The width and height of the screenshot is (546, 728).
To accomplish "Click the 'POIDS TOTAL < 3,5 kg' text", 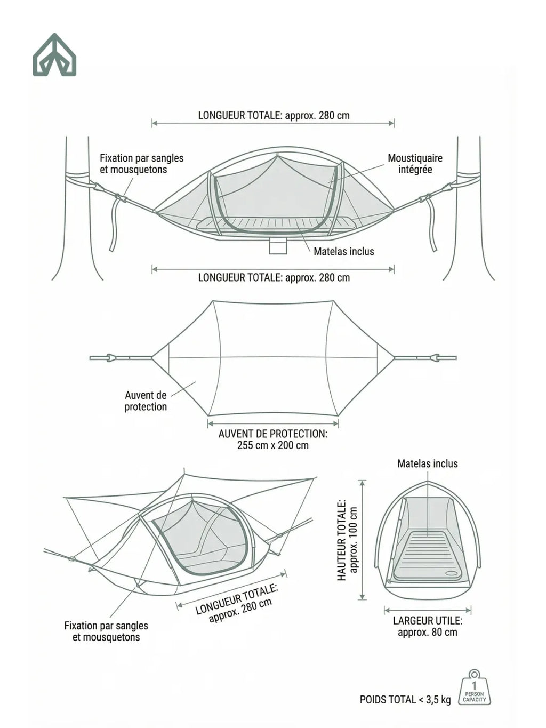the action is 405,700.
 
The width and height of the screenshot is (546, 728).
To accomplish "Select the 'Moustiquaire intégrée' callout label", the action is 415,164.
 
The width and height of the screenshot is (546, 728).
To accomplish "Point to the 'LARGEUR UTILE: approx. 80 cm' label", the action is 428,626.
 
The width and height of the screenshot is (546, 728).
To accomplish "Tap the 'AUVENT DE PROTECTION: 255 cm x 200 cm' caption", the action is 273,439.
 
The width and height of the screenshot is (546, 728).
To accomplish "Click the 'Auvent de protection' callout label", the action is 146,401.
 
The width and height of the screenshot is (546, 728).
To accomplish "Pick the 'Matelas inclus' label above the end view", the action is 428,463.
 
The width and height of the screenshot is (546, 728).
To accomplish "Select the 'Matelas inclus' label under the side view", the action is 344,251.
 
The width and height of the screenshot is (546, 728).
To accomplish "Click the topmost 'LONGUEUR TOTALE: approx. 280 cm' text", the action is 274,115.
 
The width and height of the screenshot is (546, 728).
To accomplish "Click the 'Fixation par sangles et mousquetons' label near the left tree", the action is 141,164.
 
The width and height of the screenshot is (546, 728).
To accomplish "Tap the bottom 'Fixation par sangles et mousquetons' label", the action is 106,631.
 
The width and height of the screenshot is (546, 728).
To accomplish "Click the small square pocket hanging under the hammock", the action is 278,245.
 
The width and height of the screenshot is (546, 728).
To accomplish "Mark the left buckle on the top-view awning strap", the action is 111,358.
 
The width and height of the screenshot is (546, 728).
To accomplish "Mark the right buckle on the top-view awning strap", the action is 435,358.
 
